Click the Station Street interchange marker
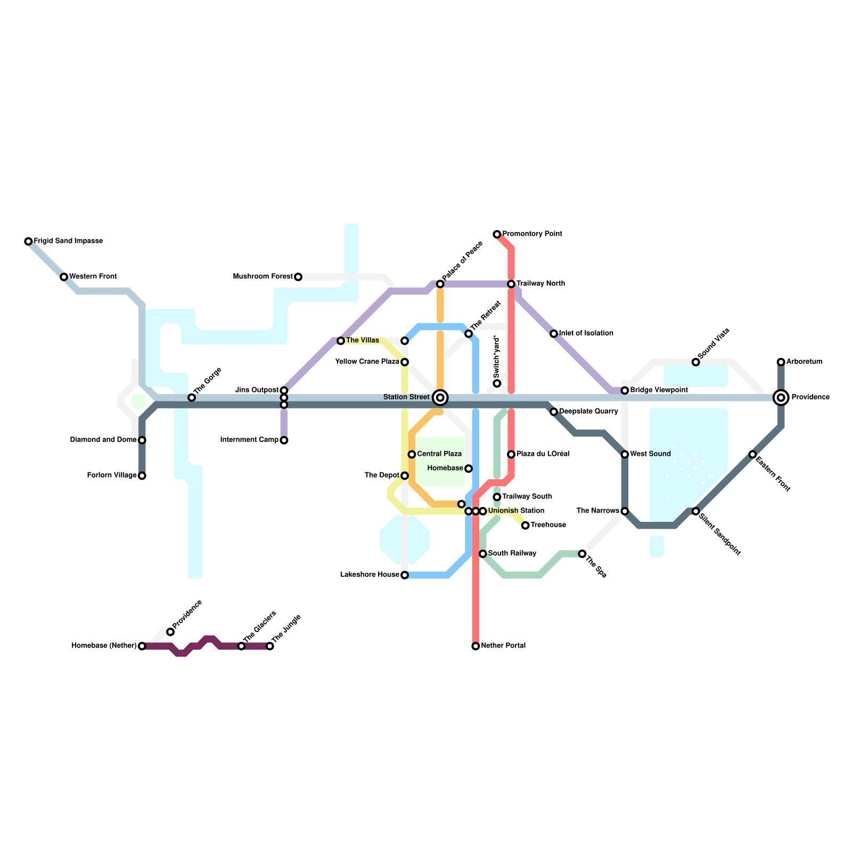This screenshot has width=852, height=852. pyautogui.click(x=440, y=398)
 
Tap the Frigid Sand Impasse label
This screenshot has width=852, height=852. pyautogui.click(x=68, y=241)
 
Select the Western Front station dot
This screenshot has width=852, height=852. pyautogui.click(x=64, y=277)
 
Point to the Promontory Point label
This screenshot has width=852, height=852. pyautogui.click(x=532, y=234)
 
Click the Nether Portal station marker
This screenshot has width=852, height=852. pyautogui.click(x=476, y=646)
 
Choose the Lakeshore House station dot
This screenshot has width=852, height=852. pyautogui.click(x=405, y=575)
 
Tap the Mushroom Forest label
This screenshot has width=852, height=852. pyautogui.click(x=263, y=277)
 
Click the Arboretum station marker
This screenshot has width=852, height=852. pyautogui.click(x=781, y=362)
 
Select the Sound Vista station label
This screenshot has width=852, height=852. pyautogui.click(x=713, y=343)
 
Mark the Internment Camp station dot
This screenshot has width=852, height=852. pyautogui.click(x=284, y=440)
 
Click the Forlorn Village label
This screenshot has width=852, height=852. pyautogui.click(x=111, y=476)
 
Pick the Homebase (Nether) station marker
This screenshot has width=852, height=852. pyautogui.click(x=142, y=646)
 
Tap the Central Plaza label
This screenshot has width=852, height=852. pyautogui.click(x=439, y=454)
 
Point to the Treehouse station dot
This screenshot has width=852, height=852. pyautogui.click(x=526, y=526)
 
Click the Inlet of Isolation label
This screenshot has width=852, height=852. pyautogui.click(x=586, y=334)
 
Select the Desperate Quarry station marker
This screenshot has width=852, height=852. pyautogui.click(x=554, y=412)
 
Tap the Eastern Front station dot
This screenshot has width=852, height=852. pyautogui.click(x=752, y=454)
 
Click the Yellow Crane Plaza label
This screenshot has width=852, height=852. pyautogui.click(x=367, y=362)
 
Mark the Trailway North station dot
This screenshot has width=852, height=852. pyautogui.click(x=511, y=284)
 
